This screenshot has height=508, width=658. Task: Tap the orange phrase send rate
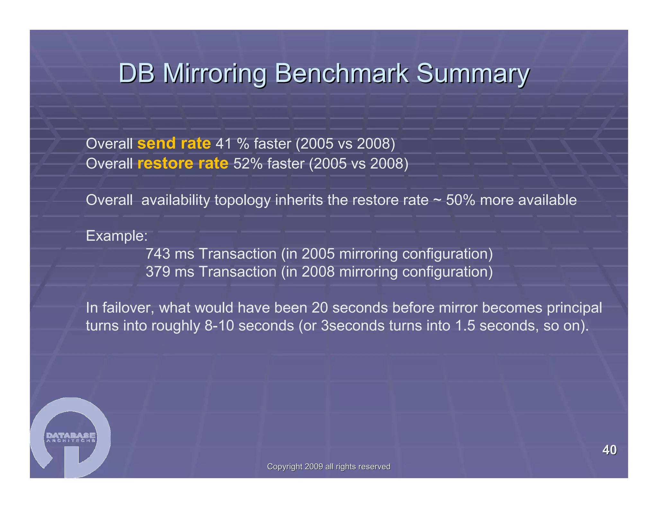tap(174, 143)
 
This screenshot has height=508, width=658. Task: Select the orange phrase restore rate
tap(182, 163)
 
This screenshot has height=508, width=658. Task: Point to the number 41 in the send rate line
tap(223, 144)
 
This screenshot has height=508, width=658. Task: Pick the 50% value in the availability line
tap(460, 200)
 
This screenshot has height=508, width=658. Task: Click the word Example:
tap(117, 236)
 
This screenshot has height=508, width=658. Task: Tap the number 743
tap(158, 254)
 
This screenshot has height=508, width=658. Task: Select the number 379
tap(158, 272)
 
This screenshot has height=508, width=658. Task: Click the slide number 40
tap(609, 450)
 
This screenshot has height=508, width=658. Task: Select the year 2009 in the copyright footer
tap(314, 467)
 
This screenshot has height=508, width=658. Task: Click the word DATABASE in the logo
tap(71, 435)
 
